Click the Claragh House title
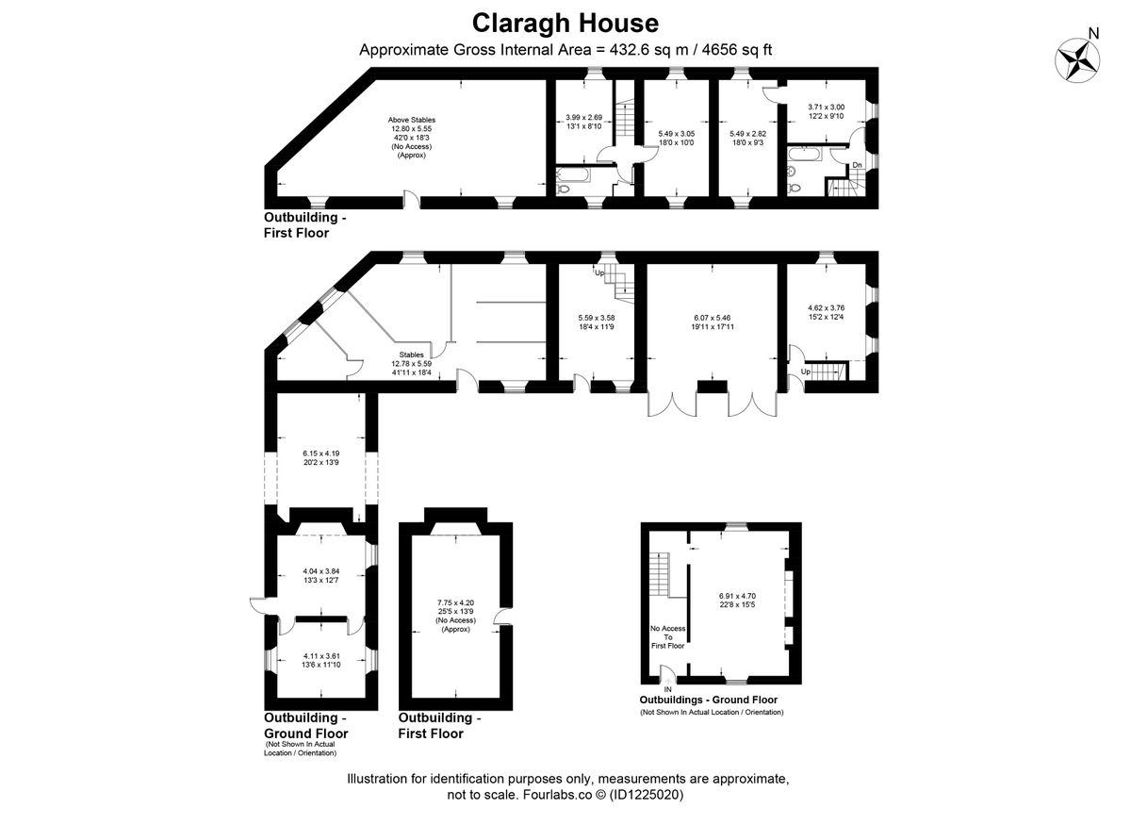pyautogui.click(x=565, y=23)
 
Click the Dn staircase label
pyautogui.click(x=857, y=165)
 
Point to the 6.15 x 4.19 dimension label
pyautogui.click(x=321, y=456)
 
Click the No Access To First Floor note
pyautogui.click(x=666, y=636)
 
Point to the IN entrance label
pyautogui.click(x=667, y=689)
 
